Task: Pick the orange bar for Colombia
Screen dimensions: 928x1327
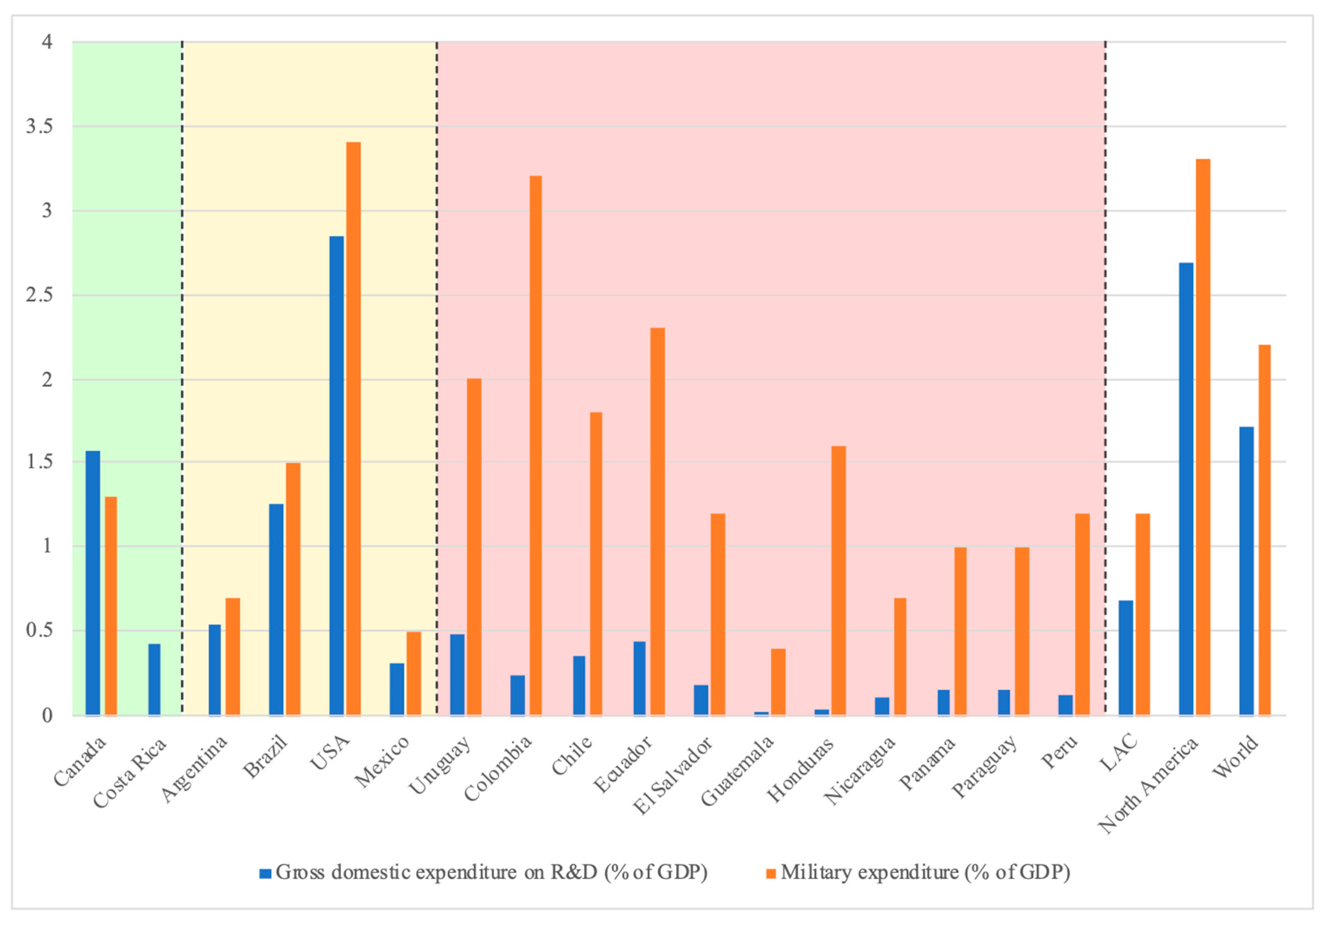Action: pos(535,445)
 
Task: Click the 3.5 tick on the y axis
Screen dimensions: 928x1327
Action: pos(39,126)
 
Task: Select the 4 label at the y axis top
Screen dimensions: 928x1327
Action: pos(47,42)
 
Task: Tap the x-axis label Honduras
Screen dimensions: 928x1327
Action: pos(800,770)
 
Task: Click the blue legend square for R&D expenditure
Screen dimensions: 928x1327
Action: pos(265,873)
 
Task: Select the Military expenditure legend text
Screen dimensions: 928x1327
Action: pos(925,872)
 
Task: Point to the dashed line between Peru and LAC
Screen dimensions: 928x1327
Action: pos(1105,376)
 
